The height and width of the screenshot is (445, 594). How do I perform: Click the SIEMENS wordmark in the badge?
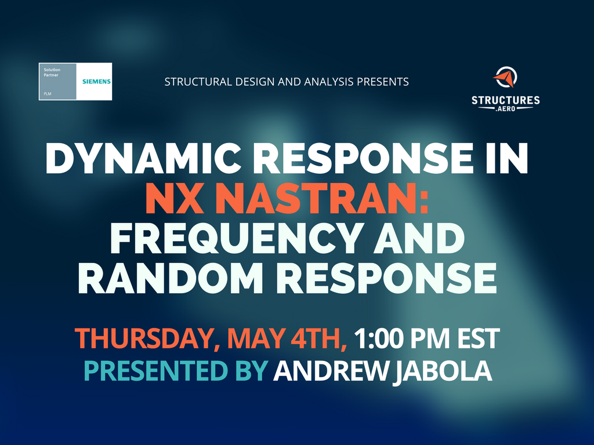[97, 81]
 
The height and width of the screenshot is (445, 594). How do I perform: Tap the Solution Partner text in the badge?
[52, 72]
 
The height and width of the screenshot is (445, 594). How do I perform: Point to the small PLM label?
[48, 93]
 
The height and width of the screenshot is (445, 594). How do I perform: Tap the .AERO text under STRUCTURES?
[506, 109]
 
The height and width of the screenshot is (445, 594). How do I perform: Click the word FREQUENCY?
[235, 239]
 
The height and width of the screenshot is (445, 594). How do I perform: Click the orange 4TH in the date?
[318, 338]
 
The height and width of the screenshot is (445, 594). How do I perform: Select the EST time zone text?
[479, 338]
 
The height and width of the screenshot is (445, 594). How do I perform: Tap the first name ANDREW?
[331, 371]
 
